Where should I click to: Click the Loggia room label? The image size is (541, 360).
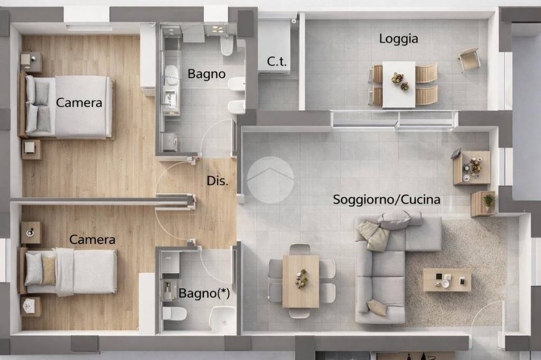pos(398,39)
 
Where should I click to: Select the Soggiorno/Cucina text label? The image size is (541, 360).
pos(386,200)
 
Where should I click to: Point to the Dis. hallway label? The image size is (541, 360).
pos(217,181)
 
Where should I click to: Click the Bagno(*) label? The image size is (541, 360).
pos(204,293)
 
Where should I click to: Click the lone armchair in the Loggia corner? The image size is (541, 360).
pos(469,60)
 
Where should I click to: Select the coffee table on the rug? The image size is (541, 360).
pos(446,279)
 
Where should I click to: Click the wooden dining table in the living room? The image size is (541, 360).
pos(301,281)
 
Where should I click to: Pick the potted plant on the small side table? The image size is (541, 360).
pos(489,201)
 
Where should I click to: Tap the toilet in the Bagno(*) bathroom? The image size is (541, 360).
pos(174,314)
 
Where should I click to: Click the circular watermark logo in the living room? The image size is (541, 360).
pos(270,179)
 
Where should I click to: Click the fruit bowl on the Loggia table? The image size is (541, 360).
pos(397,79)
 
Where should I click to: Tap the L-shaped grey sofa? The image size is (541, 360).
pos(386,264)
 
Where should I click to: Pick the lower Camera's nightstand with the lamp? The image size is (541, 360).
pos(31,232)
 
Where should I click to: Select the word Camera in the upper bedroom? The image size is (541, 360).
pos(79,102)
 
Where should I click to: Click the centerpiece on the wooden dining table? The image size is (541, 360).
pos(301,278)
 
